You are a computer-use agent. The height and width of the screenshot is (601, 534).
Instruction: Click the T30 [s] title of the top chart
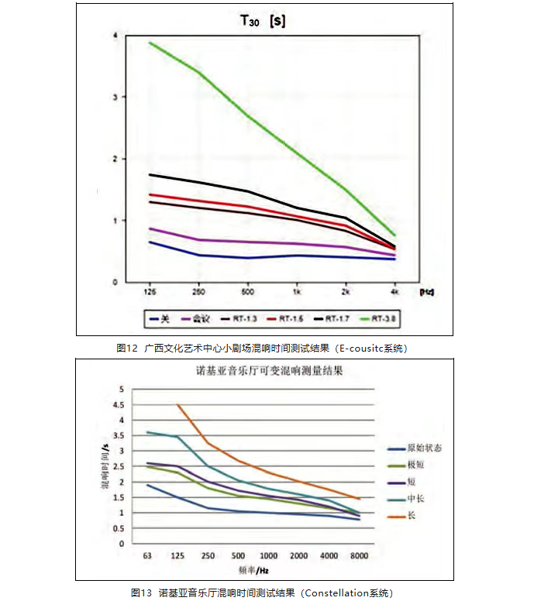pyautogui.click(x=262, y=22)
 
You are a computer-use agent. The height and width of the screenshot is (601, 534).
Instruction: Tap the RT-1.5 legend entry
pyautogui.click(x=288, y=318)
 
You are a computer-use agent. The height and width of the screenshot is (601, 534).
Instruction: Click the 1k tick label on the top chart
pyautogui.click(x=298, y=293)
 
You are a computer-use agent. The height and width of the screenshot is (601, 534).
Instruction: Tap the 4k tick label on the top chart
pyautogui.click(x=394, y=293)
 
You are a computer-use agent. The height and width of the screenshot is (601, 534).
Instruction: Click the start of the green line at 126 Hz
pyautogui.click(x=150, y=43)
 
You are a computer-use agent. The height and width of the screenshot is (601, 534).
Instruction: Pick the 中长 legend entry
pyautogui.click(x=416, y=498)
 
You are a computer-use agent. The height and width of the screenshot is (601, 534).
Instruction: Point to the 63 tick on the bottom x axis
pyautogui.click(x=146, y=556)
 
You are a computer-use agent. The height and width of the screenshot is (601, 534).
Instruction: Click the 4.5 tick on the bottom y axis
pyautogui.click(x=118, y=404)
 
